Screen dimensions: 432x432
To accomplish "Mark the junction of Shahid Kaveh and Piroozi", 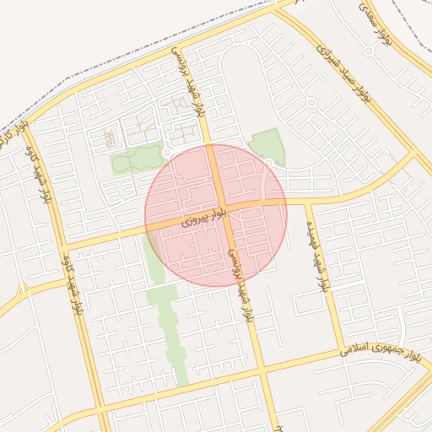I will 62,248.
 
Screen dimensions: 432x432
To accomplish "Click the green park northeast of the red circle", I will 268,145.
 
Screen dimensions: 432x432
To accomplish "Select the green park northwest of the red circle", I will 135,159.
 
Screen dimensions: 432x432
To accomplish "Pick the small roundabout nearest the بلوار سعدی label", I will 368,51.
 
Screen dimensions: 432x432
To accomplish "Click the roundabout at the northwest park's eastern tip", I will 166,152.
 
